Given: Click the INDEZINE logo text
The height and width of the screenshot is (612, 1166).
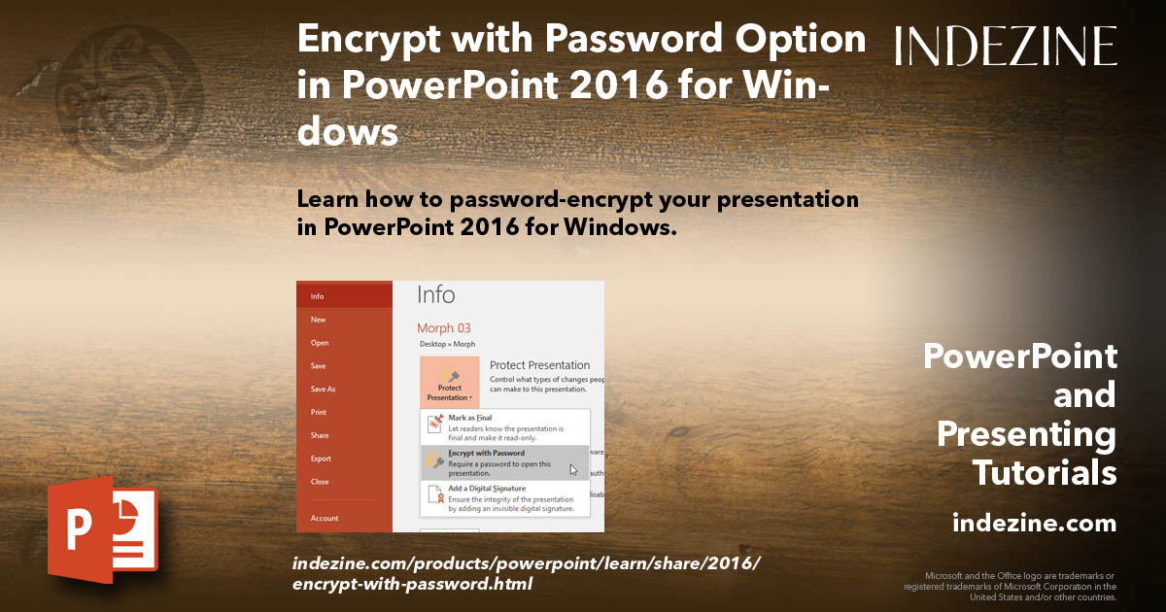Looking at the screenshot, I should coord(1006,46).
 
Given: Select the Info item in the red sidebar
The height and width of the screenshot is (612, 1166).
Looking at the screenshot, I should coord(318,296).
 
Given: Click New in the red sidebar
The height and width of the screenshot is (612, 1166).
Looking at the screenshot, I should coord(318,320).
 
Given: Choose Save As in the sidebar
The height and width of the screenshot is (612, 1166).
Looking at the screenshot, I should coord(323,389).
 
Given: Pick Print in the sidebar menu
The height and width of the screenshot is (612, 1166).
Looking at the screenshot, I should coord(319,412).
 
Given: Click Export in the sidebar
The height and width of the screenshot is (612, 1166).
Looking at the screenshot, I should coord(321,459).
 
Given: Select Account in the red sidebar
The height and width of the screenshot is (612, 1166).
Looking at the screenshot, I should coord(325,518).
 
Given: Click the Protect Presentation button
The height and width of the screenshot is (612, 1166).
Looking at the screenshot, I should coord(449,381).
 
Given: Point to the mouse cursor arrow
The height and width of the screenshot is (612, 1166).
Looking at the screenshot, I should coord(573,470).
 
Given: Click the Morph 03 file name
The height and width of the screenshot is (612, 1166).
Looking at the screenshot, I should coord(443,328).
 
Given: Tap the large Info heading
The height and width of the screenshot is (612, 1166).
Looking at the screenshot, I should coord(435,295).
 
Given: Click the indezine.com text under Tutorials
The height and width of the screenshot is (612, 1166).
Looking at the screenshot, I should coord(1035,524).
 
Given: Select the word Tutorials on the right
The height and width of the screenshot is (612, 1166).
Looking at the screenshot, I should coord(1045,472).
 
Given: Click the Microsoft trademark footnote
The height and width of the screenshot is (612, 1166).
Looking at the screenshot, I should coord(1011,586).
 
